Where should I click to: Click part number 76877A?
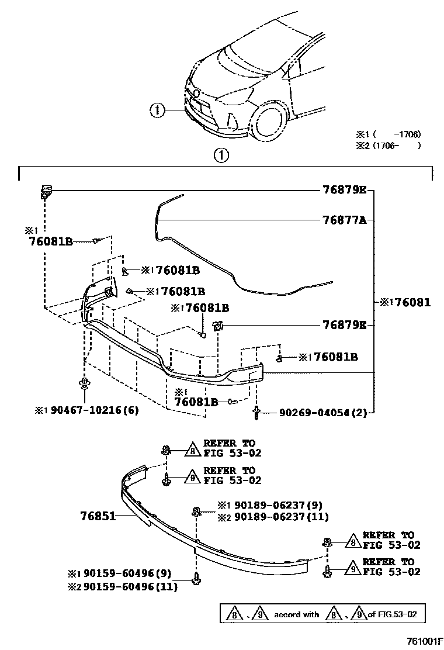(344, 220)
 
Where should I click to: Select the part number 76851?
(97, 516)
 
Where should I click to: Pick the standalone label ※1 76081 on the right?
(405, 303)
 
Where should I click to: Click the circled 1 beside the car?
(157, 109)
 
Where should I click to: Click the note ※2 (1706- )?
(389, 146)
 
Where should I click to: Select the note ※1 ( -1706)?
(389, 134)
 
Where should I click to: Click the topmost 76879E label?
(344, 190)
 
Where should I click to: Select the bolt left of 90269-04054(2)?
(256, 413)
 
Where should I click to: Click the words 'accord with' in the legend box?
(297, 614)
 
